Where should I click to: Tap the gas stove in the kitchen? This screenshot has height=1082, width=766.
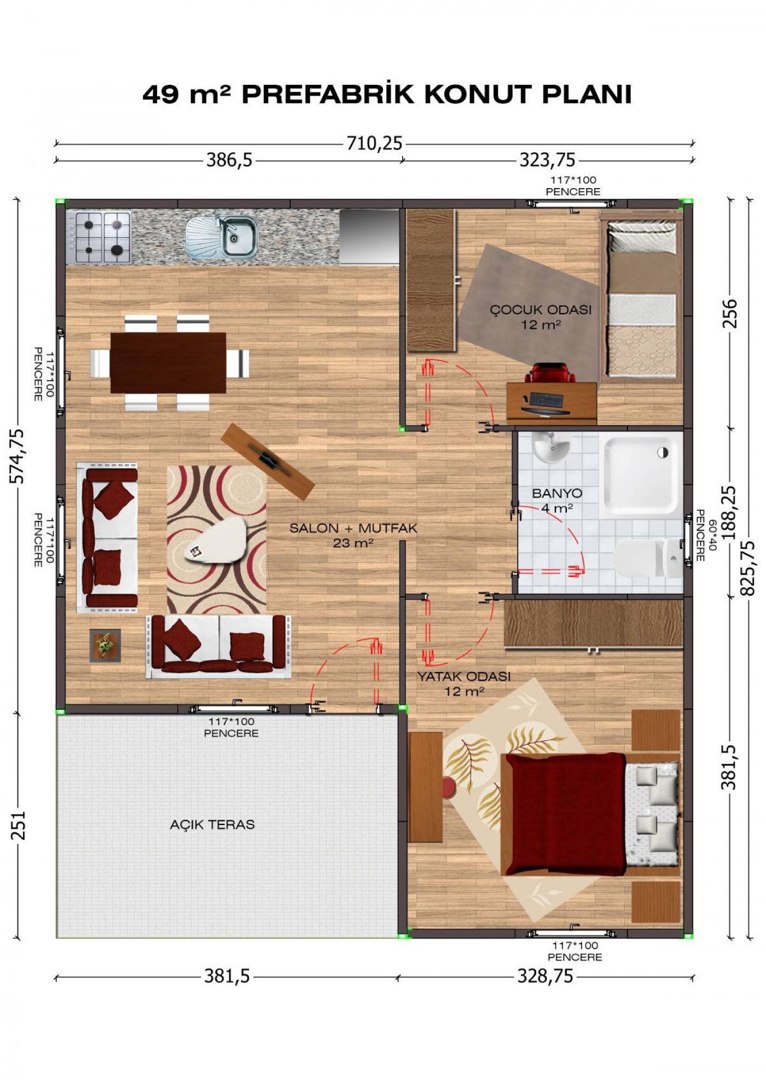pos(98,237)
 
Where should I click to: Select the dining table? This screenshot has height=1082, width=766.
pos(168,362)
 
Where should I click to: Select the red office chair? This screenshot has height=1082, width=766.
pos(550,373)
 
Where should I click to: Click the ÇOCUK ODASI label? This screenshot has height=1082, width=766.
pos(541,309)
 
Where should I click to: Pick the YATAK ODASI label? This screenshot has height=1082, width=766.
pos(464,676)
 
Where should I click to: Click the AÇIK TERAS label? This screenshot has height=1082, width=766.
pos(212,824)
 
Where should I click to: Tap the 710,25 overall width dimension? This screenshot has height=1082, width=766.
pos(374,144)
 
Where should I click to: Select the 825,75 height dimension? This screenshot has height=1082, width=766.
pos(747,568)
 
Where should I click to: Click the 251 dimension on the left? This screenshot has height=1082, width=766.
pos(18,825)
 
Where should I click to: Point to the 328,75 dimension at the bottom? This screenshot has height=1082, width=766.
pos(546,976)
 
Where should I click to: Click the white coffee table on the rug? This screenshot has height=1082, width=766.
pos(217,540)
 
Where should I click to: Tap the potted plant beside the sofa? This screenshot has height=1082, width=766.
pos(105,646)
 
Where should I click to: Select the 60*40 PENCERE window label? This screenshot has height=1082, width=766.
pos(706,535)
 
